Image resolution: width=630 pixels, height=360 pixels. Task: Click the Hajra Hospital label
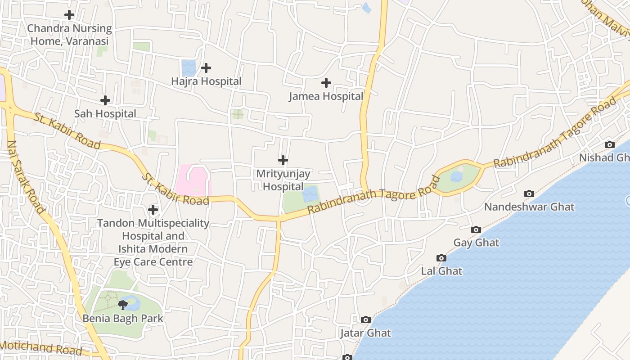click(x=206, y=81)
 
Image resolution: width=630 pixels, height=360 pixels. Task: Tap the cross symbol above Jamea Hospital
click(x=326, y=83)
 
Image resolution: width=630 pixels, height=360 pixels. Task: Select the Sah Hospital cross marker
click(x=105, y=100)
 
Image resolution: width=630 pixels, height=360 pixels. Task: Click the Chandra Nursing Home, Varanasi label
click(x=69, y=35)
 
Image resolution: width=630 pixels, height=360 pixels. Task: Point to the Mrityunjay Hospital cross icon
click(x=283, y=160)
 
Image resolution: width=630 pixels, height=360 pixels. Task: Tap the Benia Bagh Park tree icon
click(x=122, y=305)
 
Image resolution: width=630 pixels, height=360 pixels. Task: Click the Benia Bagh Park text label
click(x=122, y=319)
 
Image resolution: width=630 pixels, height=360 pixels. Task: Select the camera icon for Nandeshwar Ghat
click(x=529, y=193)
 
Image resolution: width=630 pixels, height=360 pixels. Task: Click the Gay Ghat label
click(x=476, y=243)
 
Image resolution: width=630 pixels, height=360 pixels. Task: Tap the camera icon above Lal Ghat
click(x=441, y=258)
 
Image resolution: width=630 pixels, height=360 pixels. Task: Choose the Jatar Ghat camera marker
click(x=366, y=319)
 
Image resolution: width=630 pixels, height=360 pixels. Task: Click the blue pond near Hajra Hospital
click(x=189, y=68)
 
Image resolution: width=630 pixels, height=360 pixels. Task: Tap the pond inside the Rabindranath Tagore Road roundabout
click(x=457, y=176)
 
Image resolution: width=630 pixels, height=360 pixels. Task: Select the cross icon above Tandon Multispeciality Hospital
click(x=153, y=210)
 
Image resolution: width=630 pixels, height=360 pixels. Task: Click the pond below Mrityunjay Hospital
click(x=310, y=195)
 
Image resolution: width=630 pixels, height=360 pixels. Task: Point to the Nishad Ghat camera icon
click(x=610, y=144)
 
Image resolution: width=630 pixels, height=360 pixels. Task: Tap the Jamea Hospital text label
click(x=326, y=96)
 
